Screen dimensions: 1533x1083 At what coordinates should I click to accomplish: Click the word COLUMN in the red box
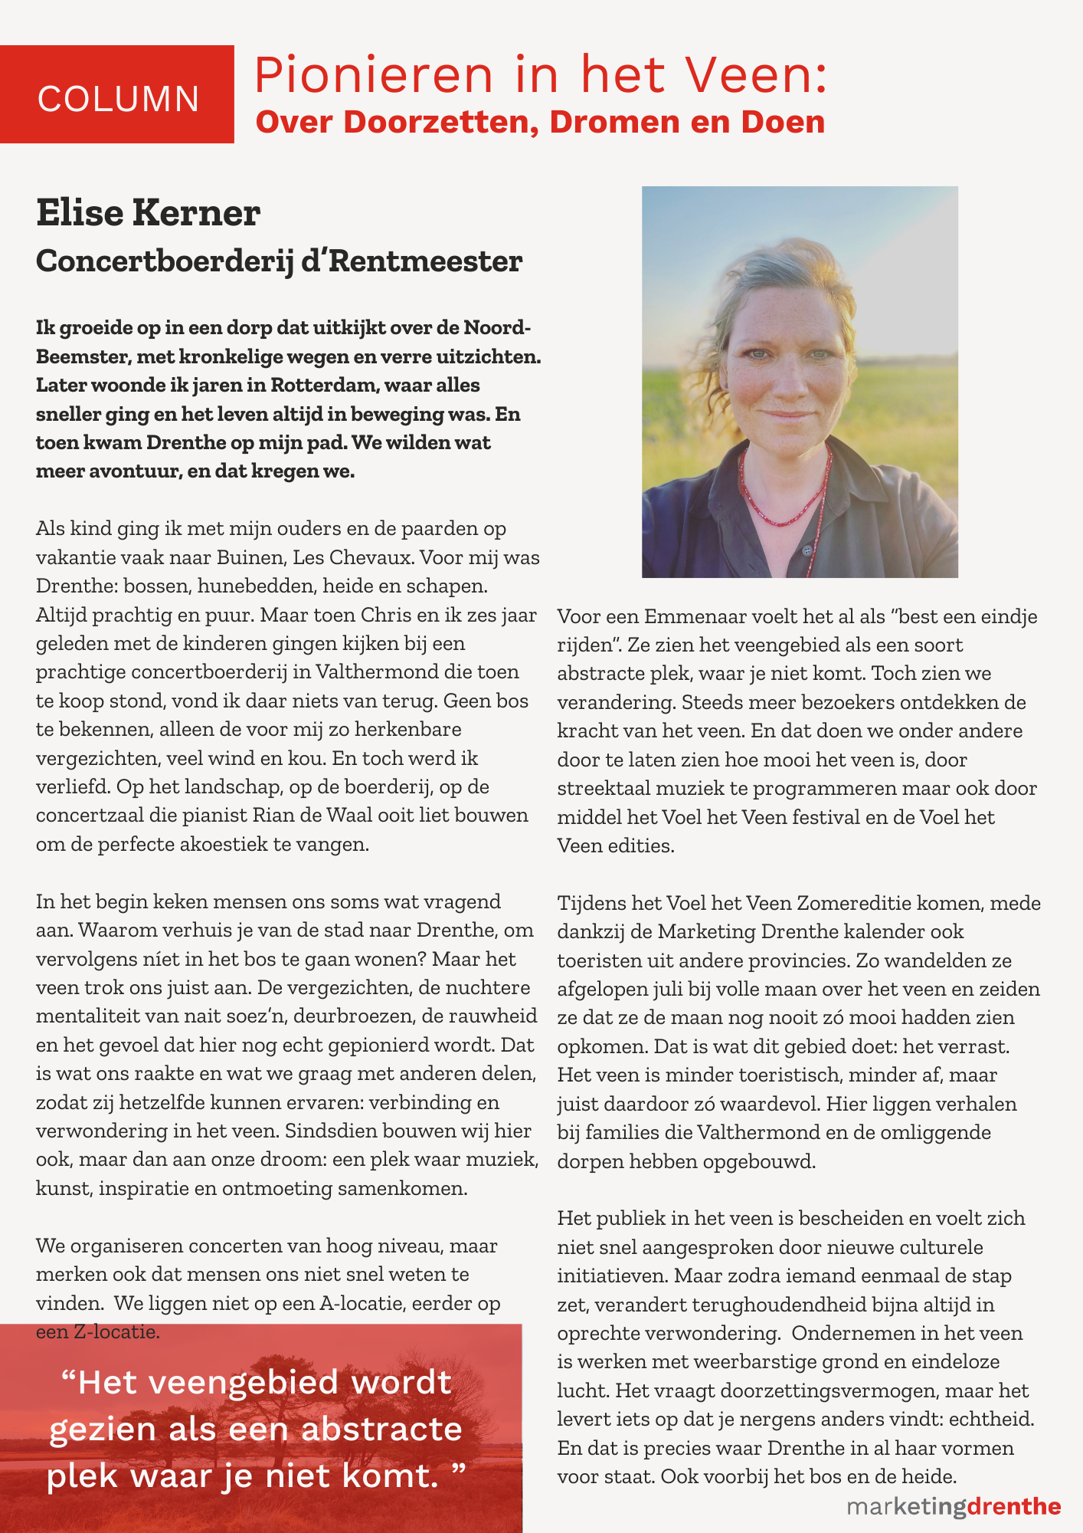tap(118, 99)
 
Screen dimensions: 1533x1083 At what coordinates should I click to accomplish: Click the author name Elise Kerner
tap(148, 212)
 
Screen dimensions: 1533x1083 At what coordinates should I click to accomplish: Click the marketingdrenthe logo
tap(954, 1506)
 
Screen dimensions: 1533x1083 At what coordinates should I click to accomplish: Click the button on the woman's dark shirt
tap(807, 550)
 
